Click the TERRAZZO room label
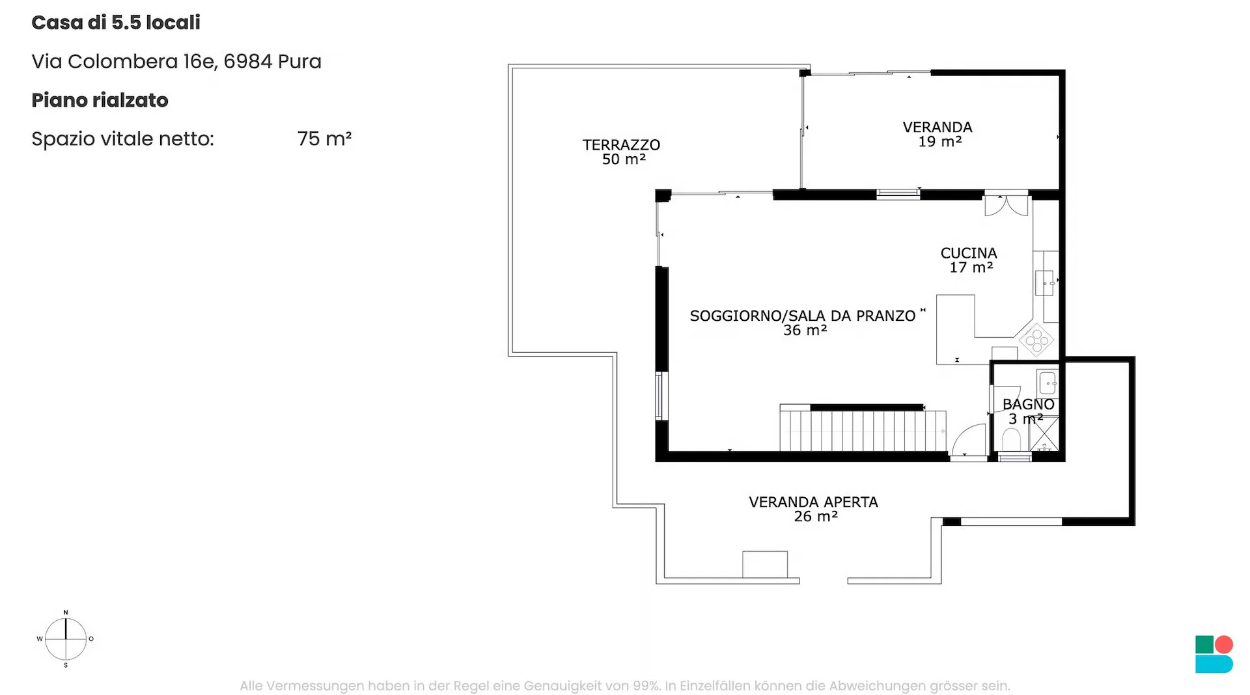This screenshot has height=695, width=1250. coord(621,144)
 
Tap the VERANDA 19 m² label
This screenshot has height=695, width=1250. coord(937,134)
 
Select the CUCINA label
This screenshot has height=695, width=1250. coord(969,253)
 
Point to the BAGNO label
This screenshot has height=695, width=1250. coord(1028,404)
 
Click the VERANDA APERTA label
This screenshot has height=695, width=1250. coord(813,502)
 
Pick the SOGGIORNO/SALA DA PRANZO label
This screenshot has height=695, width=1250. coord(803,316)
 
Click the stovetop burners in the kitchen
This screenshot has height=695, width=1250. coord(1036,340)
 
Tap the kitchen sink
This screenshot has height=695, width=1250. coord(1044,283)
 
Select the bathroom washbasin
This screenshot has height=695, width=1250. coord(1048,383)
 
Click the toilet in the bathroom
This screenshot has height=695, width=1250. coord(1011,439)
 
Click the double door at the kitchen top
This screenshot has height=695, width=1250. coord(1006,204)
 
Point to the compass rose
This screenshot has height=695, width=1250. coord(66,639)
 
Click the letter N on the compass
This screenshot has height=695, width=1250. coord(66,612)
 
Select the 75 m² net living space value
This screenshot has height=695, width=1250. coord(324,139)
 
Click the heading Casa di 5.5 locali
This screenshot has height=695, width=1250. coord(116,23)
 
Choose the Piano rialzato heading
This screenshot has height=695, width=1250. coord(100,100)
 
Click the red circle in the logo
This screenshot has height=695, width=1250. coord(1224,644)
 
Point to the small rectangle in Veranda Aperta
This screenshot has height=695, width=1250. coord(765,564)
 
